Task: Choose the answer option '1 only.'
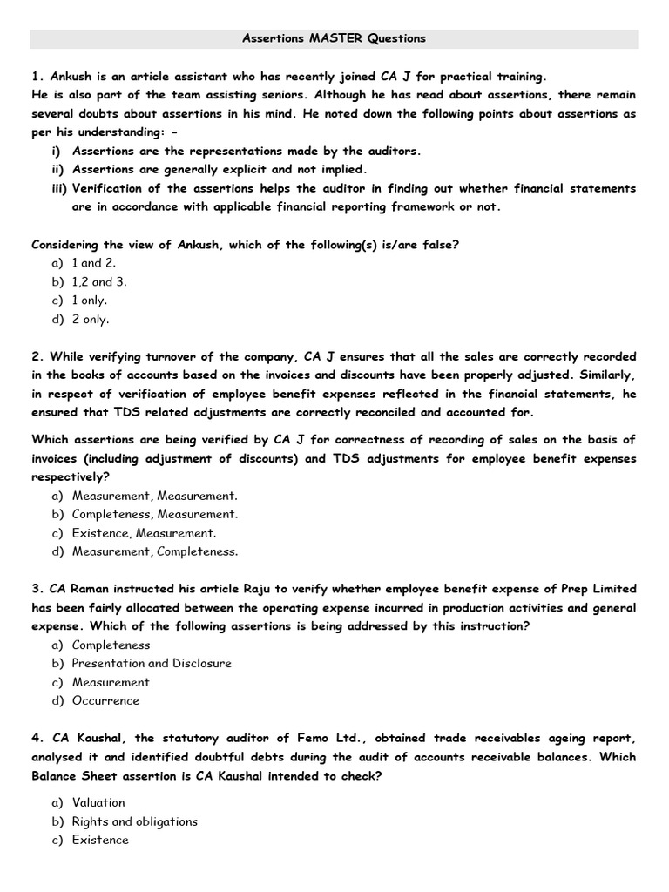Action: click(x=89, y=301)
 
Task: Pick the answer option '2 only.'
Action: click(x=90, y=319)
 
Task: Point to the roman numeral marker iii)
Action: click(x=59, y=188)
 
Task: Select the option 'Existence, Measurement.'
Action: click(x=144, y=532)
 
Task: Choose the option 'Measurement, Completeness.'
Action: click(x=154, y=551)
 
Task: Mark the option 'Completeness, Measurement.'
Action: click(x=154, y=514)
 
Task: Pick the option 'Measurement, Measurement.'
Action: click(x=154, y=496)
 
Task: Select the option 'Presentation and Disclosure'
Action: click(x=152, y=664)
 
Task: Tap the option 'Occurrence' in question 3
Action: click(x=105, y=700)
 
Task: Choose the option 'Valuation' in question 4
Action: click(x=98, y=802)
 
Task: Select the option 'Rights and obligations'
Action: click(x=134, y=821)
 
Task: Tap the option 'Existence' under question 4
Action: click(x=100, y=840)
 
